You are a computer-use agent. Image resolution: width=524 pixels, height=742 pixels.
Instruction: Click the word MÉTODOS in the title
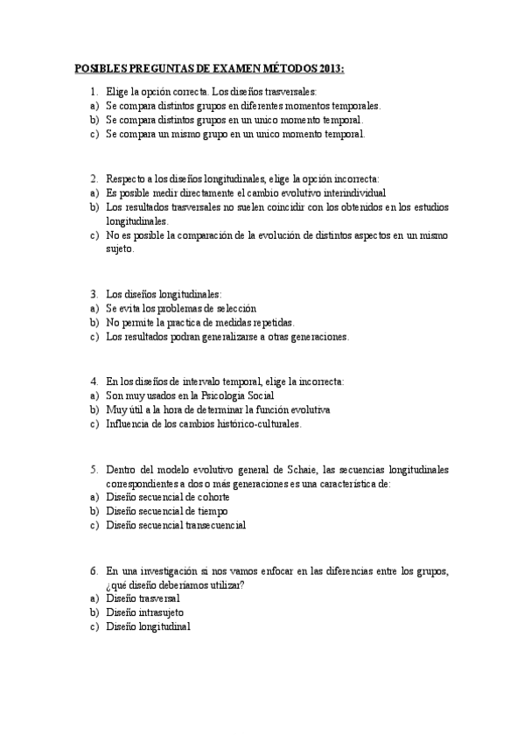tap(284, 68)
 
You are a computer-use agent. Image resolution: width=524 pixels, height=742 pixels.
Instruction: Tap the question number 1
tap(94, 91)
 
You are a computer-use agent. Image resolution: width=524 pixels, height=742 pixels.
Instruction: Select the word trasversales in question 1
tap(290, 91)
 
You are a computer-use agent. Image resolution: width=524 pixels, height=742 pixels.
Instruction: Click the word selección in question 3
tap(233, 308)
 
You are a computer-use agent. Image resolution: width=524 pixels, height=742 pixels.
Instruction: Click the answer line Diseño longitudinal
tap(148, 626)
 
